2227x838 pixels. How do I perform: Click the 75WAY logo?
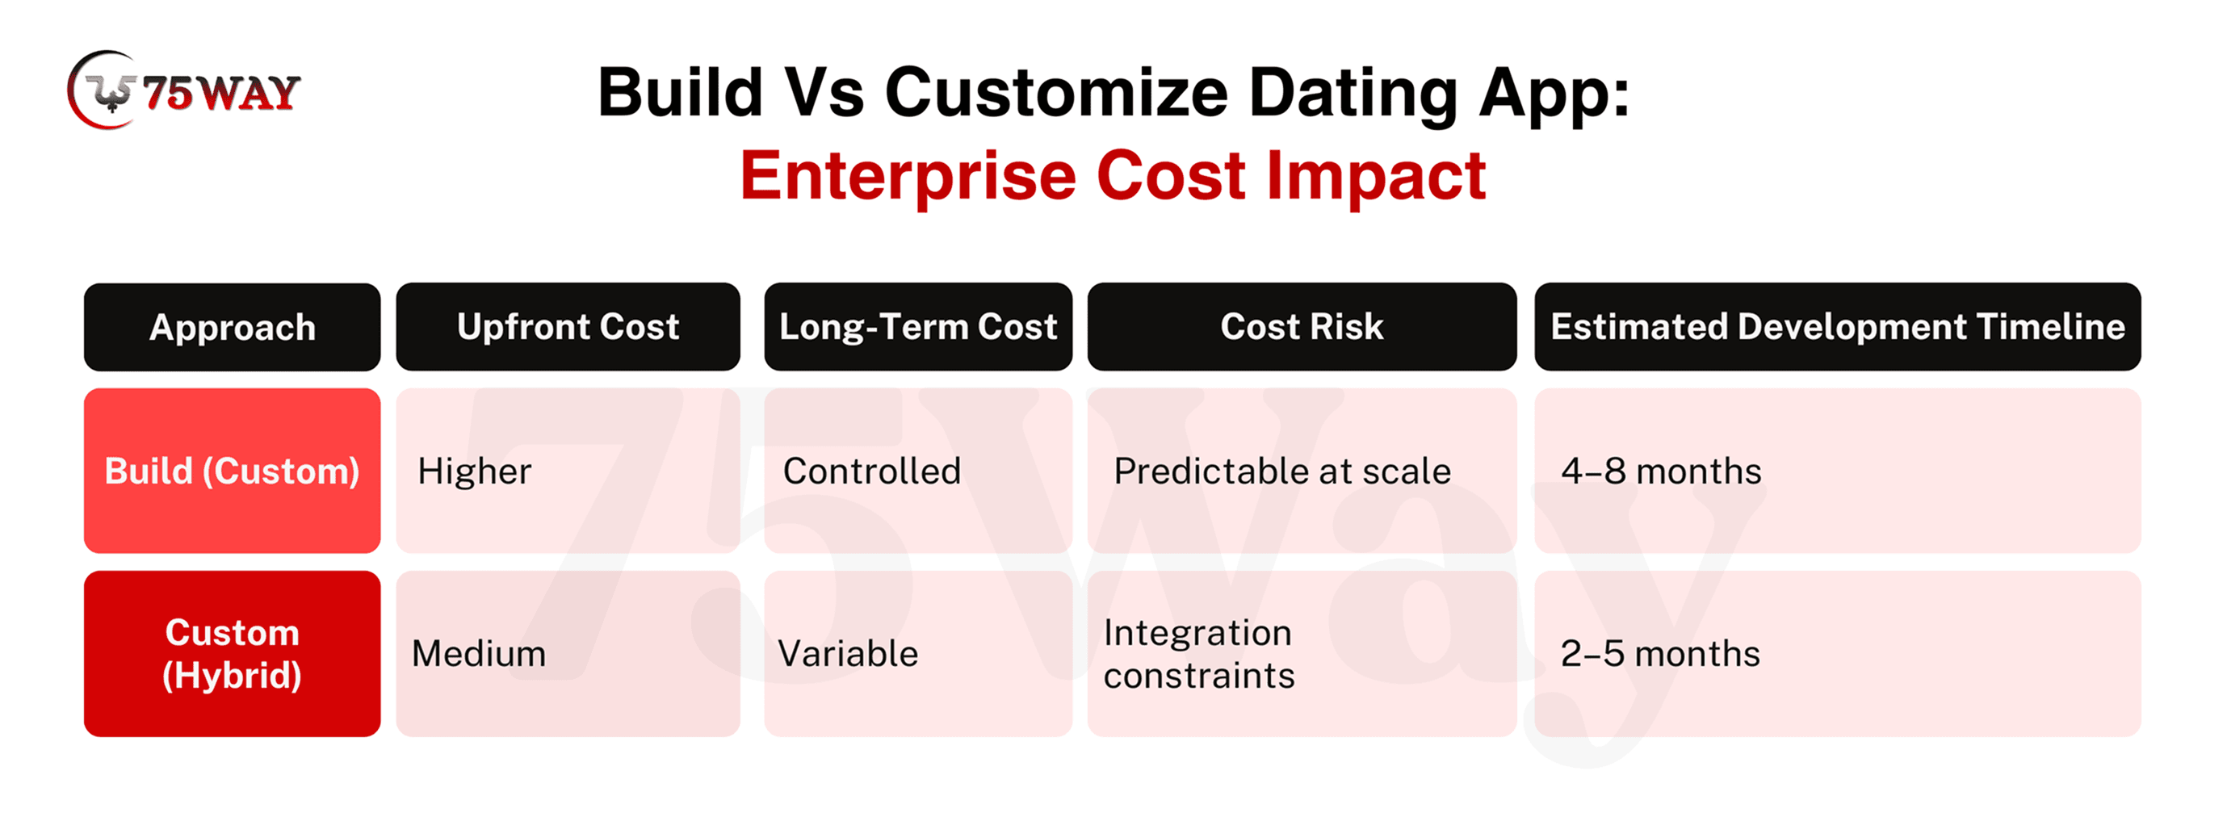(183, 90)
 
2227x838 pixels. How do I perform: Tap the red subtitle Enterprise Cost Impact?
(1113, 175)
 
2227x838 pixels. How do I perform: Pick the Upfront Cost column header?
(568, 326)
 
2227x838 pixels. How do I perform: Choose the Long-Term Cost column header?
(918, 326)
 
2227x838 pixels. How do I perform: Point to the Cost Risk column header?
(1302, 326)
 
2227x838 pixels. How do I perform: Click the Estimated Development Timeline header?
(1838, 326)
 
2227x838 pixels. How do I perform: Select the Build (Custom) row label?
(232, 471)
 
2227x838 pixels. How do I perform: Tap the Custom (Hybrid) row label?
(232, 654)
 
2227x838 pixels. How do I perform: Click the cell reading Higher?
(568, 471)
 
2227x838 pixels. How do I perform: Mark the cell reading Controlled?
(918, 471)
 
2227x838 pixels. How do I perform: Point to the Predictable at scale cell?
(1302, 471)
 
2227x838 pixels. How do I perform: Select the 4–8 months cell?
(1838, 471)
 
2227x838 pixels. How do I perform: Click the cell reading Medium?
(568, 654)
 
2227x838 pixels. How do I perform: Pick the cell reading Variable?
(918, 654)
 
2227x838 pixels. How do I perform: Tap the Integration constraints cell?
(1302, 654)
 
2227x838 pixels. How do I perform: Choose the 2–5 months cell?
(1838, 654)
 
